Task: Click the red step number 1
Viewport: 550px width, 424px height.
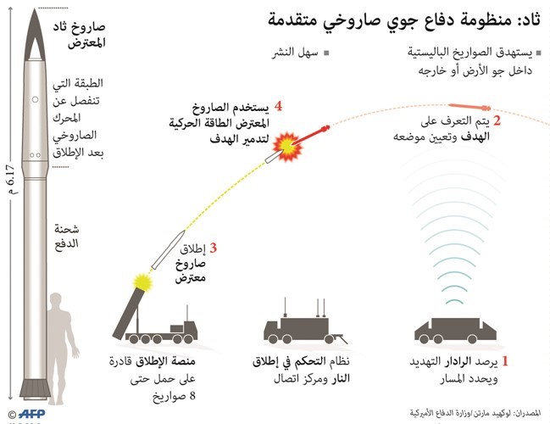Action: (505, 360)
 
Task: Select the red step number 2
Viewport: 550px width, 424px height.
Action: (497, 121)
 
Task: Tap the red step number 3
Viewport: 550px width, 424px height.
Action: (214, 248)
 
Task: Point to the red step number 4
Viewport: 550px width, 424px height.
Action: (279, 106)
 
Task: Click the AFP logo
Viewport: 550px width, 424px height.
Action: (31, 414)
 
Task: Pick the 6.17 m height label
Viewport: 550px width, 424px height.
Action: (11, 179)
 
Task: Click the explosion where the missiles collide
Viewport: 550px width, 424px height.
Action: (287, 147)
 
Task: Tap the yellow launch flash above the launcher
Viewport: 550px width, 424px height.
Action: (142, 282)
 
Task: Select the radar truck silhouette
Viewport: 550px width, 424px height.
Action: (455, 331)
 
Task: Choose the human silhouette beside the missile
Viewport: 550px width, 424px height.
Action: (64, 349)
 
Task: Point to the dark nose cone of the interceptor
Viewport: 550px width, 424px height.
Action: (35, 35)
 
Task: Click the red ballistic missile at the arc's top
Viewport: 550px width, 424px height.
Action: (469, 106)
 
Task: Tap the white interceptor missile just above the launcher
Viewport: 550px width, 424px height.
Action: (169, 249)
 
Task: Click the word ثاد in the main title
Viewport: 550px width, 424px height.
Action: (529, 20)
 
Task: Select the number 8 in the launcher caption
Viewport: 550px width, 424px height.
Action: (192, 395)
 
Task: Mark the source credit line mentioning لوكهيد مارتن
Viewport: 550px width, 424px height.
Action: (475, 413)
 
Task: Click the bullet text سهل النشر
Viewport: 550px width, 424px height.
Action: (296, 53)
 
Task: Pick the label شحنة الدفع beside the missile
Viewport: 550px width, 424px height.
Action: (67, 237)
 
